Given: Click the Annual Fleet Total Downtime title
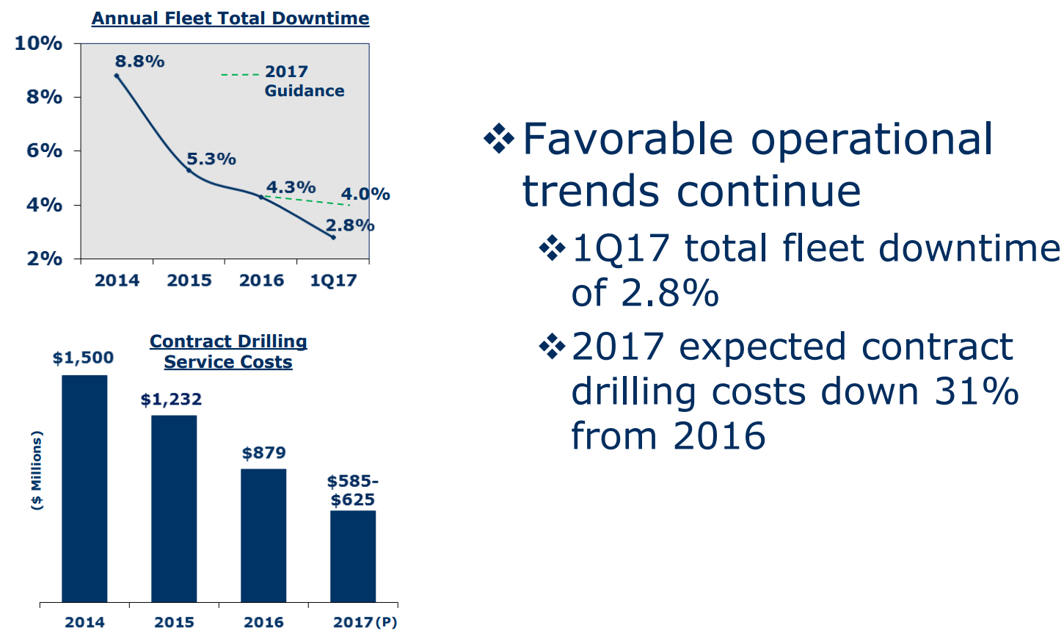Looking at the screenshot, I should (230, 18).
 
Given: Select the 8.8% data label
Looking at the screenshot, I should (139, 62).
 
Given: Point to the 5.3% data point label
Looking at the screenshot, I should (211, 159).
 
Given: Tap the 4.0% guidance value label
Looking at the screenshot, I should (365, 195).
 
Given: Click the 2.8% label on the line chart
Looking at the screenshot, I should (350, 225).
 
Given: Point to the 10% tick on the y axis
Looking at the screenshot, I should (38, 43).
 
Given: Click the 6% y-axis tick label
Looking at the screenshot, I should (44, 151).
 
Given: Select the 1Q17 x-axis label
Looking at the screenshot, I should (333, 281).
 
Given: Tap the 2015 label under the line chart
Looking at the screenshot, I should (189, 281).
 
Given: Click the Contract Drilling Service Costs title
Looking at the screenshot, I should (228, 352).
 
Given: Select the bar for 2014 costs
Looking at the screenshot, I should (84, 488).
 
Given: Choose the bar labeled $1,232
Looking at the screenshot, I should (174, 508).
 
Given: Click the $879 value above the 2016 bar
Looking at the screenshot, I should (264, 453).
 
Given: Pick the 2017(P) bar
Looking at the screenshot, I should (353, 556).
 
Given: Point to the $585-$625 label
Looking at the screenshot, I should (353, 491).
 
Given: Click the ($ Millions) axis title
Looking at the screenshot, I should (37, 470).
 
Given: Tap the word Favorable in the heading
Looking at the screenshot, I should (627, 140).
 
